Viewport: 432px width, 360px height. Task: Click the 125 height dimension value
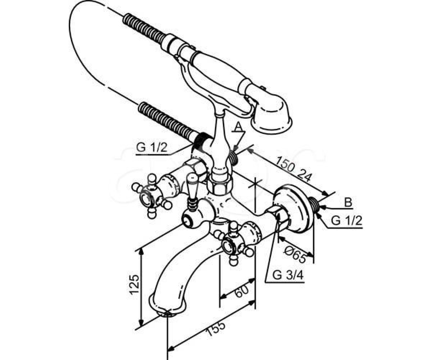(134, 284)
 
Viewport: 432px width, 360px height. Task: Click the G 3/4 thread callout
(288, 275)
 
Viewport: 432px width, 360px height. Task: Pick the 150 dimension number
(286, 165)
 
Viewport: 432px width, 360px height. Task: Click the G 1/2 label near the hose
(152, 148)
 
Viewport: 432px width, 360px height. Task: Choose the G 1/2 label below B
(347, 221)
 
